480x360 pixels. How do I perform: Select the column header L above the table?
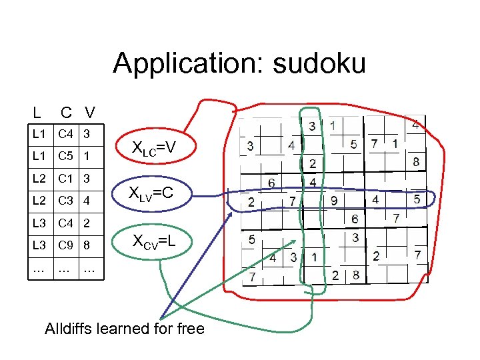[x=37, y=111]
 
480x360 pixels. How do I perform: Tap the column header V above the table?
[x=89, y=111]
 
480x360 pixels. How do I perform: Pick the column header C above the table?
[x=67, y=111]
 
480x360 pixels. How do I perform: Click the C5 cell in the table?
[x=65, y=158]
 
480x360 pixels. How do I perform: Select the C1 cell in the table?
[x=65, y=178]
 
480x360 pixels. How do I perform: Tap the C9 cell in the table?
[x=65, y=245]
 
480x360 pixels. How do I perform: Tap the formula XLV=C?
[x=153, y=195]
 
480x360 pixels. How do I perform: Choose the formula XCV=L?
[x=153, y=241]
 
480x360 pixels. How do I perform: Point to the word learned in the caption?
[x=133, y=329]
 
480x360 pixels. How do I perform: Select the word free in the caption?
[x=191, y=329]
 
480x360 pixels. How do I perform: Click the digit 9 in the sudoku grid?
[x=333, y=200]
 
